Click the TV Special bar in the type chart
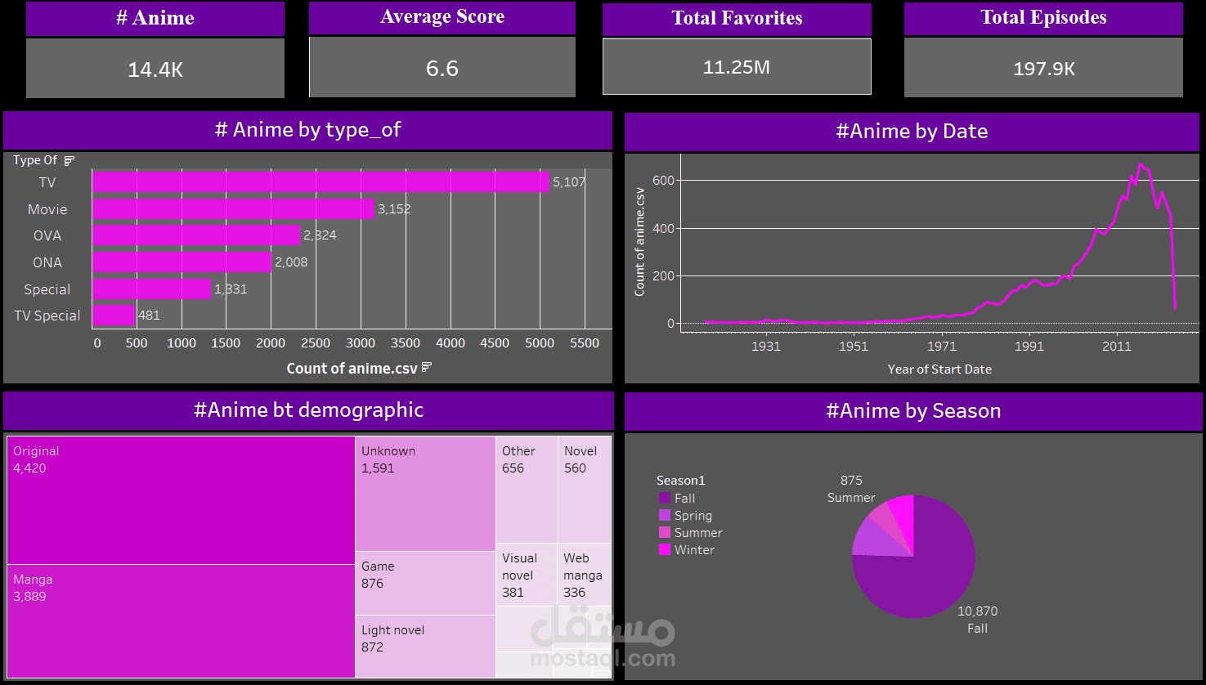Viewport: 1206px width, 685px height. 114,316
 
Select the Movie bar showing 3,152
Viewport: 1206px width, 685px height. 233,209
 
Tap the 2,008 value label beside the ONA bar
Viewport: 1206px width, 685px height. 291,262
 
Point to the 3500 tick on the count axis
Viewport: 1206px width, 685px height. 406,343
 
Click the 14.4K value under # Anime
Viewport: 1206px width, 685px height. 155,70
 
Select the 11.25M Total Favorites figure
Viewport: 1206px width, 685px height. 737,67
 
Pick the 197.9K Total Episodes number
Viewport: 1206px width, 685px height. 1044,69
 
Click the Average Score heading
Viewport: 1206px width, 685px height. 442,16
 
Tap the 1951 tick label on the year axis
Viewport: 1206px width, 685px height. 854,346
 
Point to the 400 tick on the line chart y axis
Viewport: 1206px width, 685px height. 663,229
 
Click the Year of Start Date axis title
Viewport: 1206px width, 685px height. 939,369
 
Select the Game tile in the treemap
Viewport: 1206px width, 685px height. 425,584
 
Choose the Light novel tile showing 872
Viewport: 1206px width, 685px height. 425,647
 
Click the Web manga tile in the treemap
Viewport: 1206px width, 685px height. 584,575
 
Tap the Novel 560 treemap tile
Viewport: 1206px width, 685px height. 585,489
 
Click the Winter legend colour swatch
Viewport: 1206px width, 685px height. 665,550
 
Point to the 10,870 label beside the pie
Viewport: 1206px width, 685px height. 977,611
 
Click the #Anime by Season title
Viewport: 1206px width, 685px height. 913,411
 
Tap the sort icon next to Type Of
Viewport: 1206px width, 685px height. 69,160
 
